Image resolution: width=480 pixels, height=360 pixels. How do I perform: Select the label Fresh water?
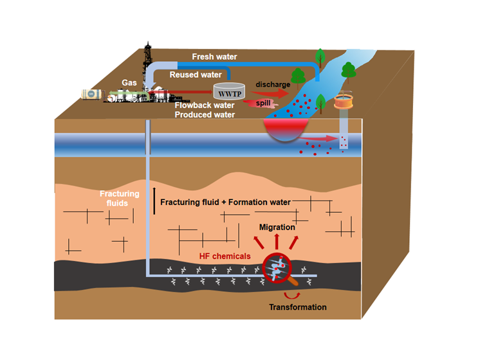(x=216, y=57)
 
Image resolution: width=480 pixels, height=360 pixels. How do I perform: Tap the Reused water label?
(x=196, y=75)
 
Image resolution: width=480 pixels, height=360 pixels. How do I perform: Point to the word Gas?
(x=129, y=83)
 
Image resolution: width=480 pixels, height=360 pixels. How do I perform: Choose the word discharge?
(x=273, y=84)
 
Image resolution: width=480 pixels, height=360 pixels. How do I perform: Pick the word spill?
(x=263, y=103)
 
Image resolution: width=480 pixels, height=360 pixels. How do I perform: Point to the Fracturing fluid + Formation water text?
(x=225, y=203)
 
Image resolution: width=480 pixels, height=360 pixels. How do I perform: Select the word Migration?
(x=277, y=227)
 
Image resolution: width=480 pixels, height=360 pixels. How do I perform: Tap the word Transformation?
(x=298, y=307)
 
